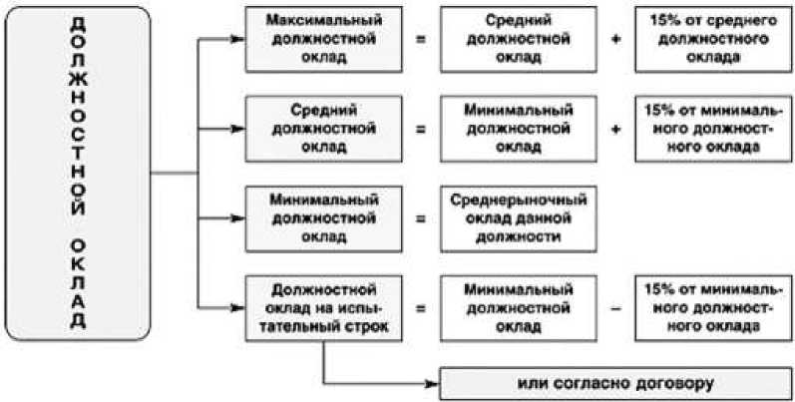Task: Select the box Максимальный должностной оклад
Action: tap(320, 39)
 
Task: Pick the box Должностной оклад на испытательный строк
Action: tap(320, 308)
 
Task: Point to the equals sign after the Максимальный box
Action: tap(420, 40)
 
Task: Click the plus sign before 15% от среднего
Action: tap(615, 40)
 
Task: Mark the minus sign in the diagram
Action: tap(615, 309)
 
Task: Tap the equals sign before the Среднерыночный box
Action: tap(420, 217)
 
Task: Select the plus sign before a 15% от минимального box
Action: tap(615, 129)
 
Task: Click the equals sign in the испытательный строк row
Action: tap(420, 309)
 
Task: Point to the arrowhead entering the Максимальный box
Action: tap(237, 40)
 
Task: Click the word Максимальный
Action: tap(320, 21)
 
